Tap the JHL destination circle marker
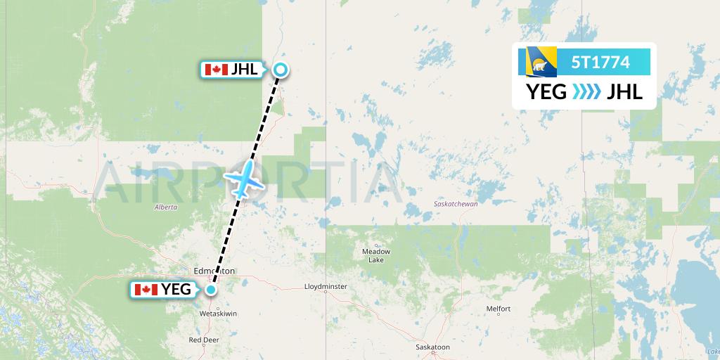(x=281, y=69)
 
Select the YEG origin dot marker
(x=210, y=288)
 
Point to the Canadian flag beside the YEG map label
(x=146, y=289)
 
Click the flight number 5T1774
(x=600, y=62)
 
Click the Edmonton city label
(x=214, y=271)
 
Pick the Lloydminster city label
(x=326, y=287)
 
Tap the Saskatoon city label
(x=432, y=347)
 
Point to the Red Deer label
(x=204, y=339)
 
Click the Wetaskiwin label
(x=219, y=313)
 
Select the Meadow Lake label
(x=375, y=255)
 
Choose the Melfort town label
(x=498, y=309)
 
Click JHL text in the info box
(x=625, y=91)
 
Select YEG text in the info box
(x=546, y=91)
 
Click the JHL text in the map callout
(x=244, y=69)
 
